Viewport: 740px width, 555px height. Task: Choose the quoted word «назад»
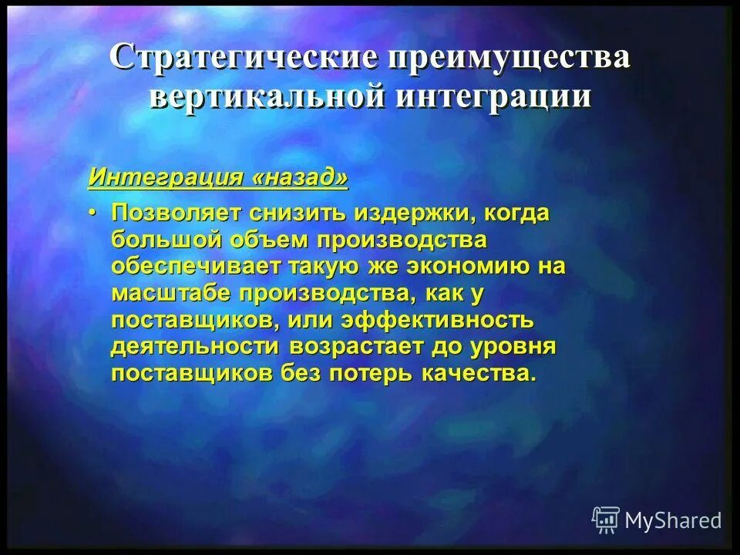[300, 177]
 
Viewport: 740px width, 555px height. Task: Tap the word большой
[166, 240]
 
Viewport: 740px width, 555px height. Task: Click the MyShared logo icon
[606, 520]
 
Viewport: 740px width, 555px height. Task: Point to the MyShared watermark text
[673, 521]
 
